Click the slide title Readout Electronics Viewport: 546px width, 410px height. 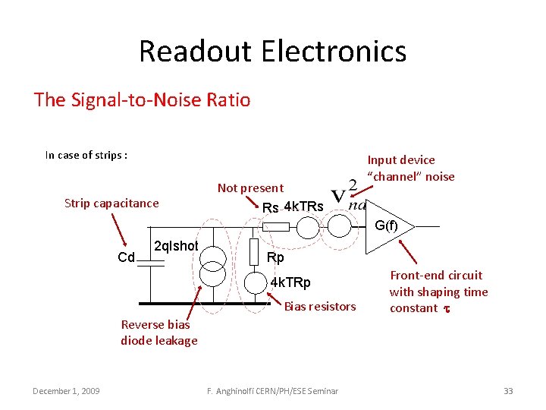272,52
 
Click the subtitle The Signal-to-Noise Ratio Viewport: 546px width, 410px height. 142,99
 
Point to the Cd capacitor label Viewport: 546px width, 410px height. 127,257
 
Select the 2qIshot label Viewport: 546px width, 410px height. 176,246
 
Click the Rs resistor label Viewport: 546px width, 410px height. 270,208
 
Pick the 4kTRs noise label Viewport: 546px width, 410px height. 303,207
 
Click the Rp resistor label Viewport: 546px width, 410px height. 275,257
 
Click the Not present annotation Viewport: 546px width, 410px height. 250,188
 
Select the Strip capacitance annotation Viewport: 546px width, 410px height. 111,203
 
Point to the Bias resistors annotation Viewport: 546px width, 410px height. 320,307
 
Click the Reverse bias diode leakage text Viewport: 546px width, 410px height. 158,333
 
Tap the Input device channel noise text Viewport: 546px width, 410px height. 410,169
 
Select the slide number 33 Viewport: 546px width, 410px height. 508,390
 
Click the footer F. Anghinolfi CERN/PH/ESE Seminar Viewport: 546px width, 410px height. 273,390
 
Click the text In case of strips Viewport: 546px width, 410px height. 86,155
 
